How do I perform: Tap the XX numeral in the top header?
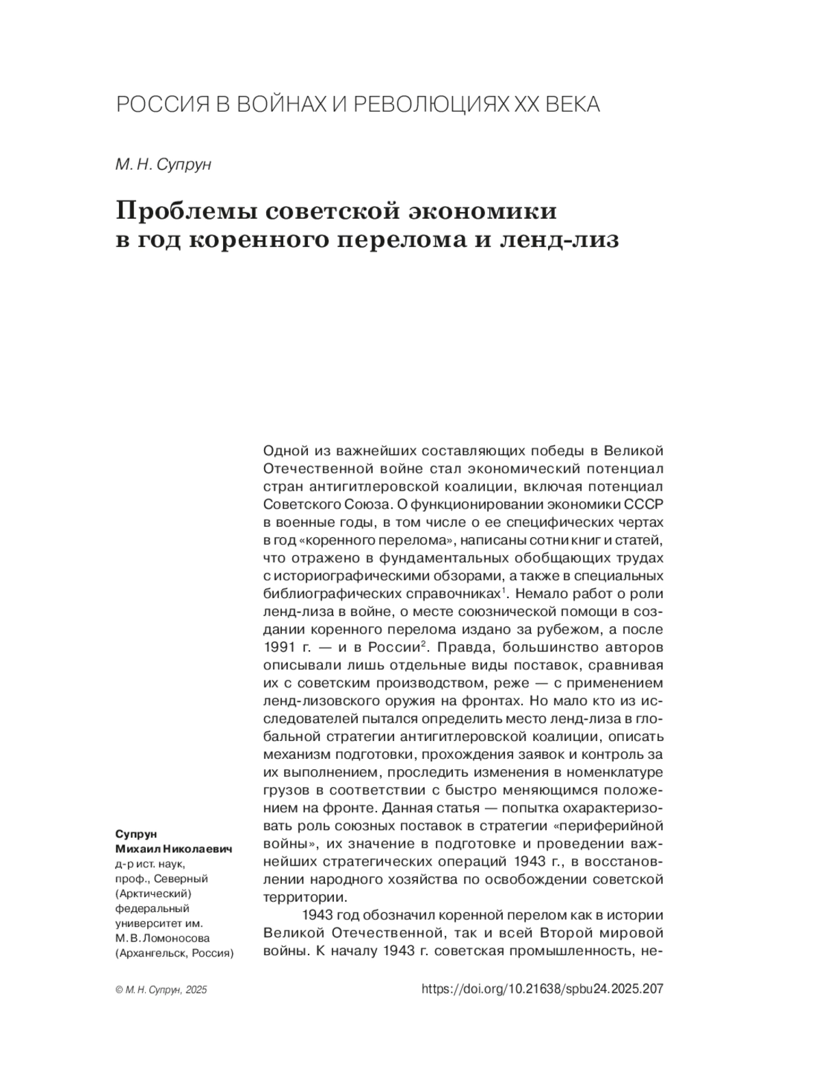pyautogui.click(x=517, y=105)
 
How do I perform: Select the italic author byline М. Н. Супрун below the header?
pyautogui.click(x=163, y=166)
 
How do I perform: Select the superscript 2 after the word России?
pyautogui.click(x=424, y=643)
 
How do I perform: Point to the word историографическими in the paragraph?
pyautogui.click(x=358, y=576)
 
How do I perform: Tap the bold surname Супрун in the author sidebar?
pyautogui.click(x=136, y=834)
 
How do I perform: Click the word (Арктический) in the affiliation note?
pyautogui.click(x=153, y=894)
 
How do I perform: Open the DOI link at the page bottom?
pyautogui.click(x=543, y=989)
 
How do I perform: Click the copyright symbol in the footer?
pyautogui.click(x=120, y=990)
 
